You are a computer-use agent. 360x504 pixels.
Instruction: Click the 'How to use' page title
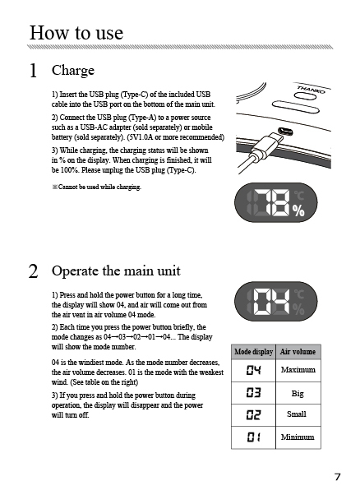point(76,33)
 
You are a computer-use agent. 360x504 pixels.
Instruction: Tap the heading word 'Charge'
point(73,71)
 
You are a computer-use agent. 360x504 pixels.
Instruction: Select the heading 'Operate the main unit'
point(116,271)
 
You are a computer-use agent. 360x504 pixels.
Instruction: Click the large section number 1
point(33,71)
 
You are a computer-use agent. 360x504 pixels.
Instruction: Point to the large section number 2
point(34,271)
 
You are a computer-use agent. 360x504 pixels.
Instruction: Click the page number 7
point(337,477)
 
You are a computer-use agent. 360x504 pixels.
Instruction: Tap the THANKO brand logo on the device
point(311,89)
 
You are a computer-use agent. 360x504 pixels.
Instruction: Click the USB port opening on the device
point(284,131)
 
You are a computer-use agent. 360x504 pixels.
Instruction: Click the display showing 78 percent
point(276,202)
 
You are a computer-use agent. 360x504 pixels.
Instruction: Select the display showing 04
point(276,301)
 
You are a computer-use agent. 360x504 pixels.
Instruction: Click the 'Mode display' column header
point(254,352)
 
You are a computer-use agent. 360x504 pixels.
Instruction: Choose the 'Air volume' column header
point(298,352)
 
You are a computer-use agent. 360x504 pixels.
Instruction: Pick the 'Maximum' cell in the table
point(298,370)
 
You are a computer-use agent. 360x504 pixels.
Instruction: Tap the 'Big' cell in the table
point(298,394)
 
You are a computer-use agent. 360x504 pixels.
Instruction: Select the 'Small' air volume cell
point(297,414)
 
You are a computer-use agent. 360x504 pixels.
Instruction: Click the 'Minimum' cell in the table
point(298,437)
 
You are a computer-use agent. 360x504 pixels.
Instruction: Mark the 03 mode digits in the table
point(254,392)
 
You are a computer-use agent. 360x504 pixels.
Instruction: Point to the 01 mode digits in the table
point(254,437)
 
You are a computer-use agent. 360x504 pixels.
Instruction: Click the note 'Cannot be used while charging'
point(96,187)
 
